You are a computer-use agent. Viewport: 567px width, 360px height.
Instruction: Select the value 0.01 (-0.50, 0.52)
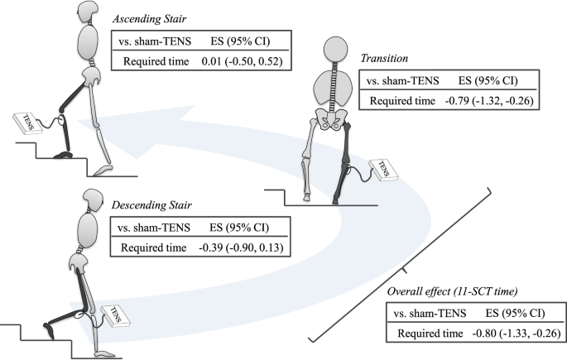(247, 61)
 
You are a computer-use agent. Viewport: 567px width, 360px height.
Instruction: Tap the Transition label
(384, 60)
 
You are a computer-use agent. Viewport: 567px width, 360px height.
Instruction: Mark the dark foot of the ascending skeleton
(60, 153)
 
